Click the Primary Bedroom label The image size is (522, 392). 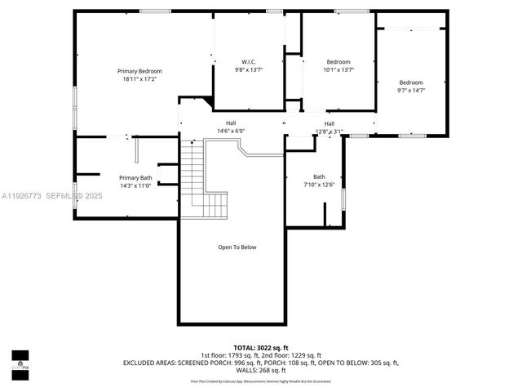139,71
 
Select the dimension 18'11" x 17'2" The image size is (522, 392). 139,79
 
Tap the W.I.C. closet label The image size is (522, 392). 249,62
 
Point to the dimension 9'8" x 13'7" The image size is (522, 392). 249,70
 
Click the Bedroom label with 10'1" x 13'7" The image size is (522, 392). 338,62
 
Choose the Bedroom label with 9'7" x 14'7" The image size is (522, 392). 411,82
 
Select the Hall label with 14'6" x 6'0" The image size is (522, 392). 231,123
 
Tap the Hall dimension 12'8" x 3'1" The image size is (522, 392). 330,131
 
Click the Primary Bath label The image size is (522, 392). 135,177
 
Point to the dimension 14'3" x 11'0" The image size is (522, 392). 135,185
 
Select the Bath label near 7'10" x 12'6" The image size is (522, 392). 319,176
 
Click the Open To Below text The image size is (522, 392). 237,247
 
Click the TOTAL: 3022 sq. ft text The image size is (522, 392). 261,348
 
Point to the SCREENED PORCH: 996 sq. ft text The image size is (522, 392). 219,362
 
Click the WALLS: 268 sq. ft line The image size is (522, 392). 261,369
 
